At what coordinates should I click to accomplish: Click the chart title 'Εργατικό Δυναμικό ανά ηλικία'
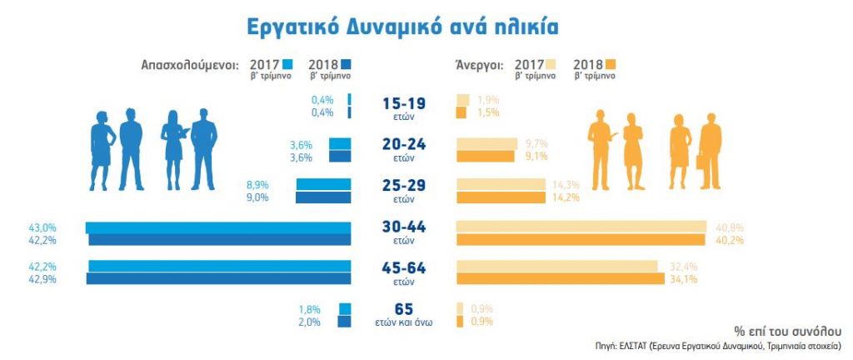coord(402,26)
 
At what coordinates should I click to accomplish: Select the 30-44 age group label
coord(404,227)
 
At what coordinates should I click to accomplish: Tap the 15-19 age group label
coord(404,105)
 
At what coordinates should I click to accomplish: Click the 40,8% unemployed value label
coord(721,227)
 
